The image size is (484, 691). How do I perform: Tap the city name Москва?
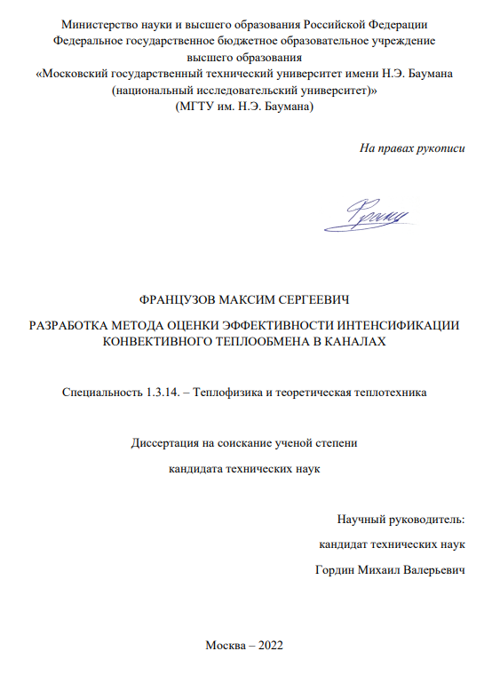click(x=224, y=645)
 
